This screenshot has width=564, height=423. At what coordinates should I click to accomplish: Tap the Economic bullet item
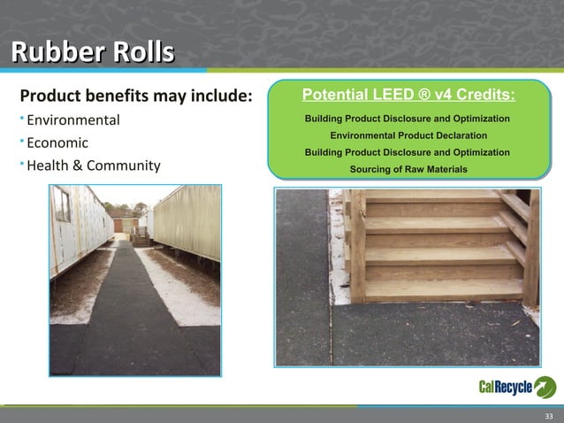tap(57, 142)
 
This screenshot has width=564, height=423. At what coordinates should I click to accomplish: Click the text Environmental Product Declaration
tap(408, 135)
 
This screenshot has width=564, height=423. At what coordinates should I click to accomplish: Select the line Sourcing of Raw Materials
tap(408, 168)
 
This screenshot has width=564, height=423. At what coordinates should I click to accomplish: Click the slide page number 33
tap(548, 416)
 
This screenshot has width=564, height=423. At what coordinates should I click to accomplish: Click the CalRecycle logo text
tap(505, 387)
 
